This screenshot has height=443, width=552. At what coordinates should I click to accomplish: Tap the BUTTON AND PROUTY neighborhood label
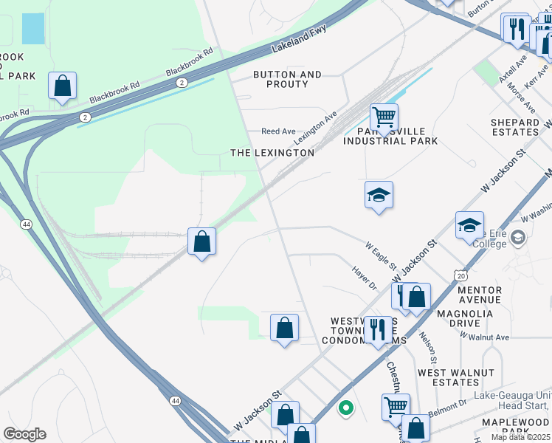pos(287,80)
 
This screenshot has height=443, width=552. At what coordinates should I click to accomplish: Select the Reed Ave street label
pos(278,131)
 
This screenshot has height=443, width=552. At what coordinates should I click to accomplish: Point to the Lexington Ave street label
pos(315,128)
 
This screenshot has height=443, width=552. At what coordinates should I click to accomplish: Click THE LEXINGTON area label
pos(272,153)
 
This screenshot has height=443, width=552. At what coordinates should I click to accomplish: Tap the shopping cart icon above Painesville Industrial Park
pos(384,117)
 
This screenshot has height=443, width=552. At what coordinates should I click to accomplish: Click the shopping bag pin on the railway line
pos(201,241)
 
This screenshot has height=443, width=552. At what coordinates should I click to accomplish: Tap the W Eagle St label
pos(382,255)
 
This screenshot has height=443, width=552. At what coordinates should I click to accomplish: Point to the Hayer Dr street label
pos(364,278)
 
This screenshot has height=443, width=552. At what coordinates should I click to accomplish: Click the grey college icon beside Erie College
pos(519,238)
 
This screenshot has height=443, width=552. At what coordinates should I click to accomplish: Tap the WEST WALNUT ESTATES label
pos(447,377)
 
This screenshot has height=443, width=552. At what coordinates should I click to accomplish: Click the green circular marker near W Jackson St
pos(345,407)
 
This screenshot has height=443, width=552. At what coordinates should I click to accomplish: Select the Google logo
pos(24,434)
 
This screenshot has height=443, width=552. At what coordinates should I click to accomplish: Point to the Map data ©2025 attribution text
pos(520,437)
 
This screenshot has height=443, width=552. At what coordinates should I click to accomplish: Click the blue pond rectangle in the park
pos(32,28)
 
